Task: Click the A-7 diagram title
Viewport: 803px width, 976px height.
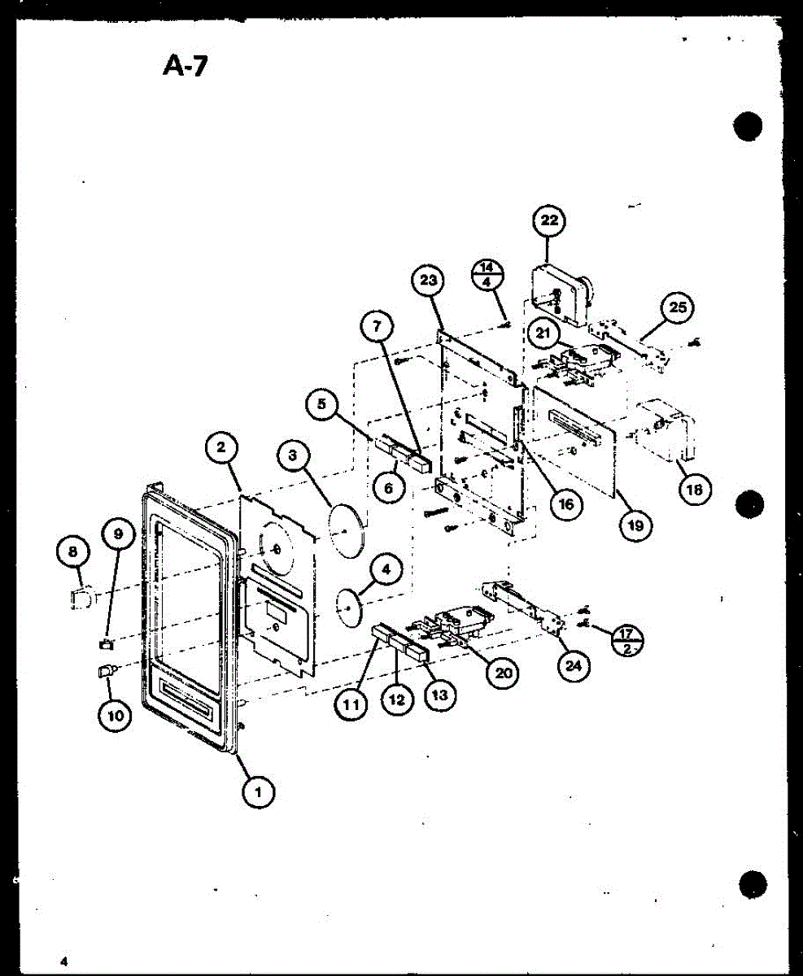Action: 185,64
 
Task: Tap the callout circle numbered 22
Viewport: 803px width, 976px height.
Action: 549,220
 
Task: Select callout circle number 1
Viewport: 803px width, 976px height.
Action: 259,789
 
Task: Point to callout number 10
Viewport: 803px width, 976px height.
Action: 113,716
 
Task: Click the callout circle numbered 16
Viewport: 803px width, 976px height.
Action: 565,504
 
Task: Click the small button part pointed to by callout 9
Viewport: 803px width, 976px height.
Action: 105,644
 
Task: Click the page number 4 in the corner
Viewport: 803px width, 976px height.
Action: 63,961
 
